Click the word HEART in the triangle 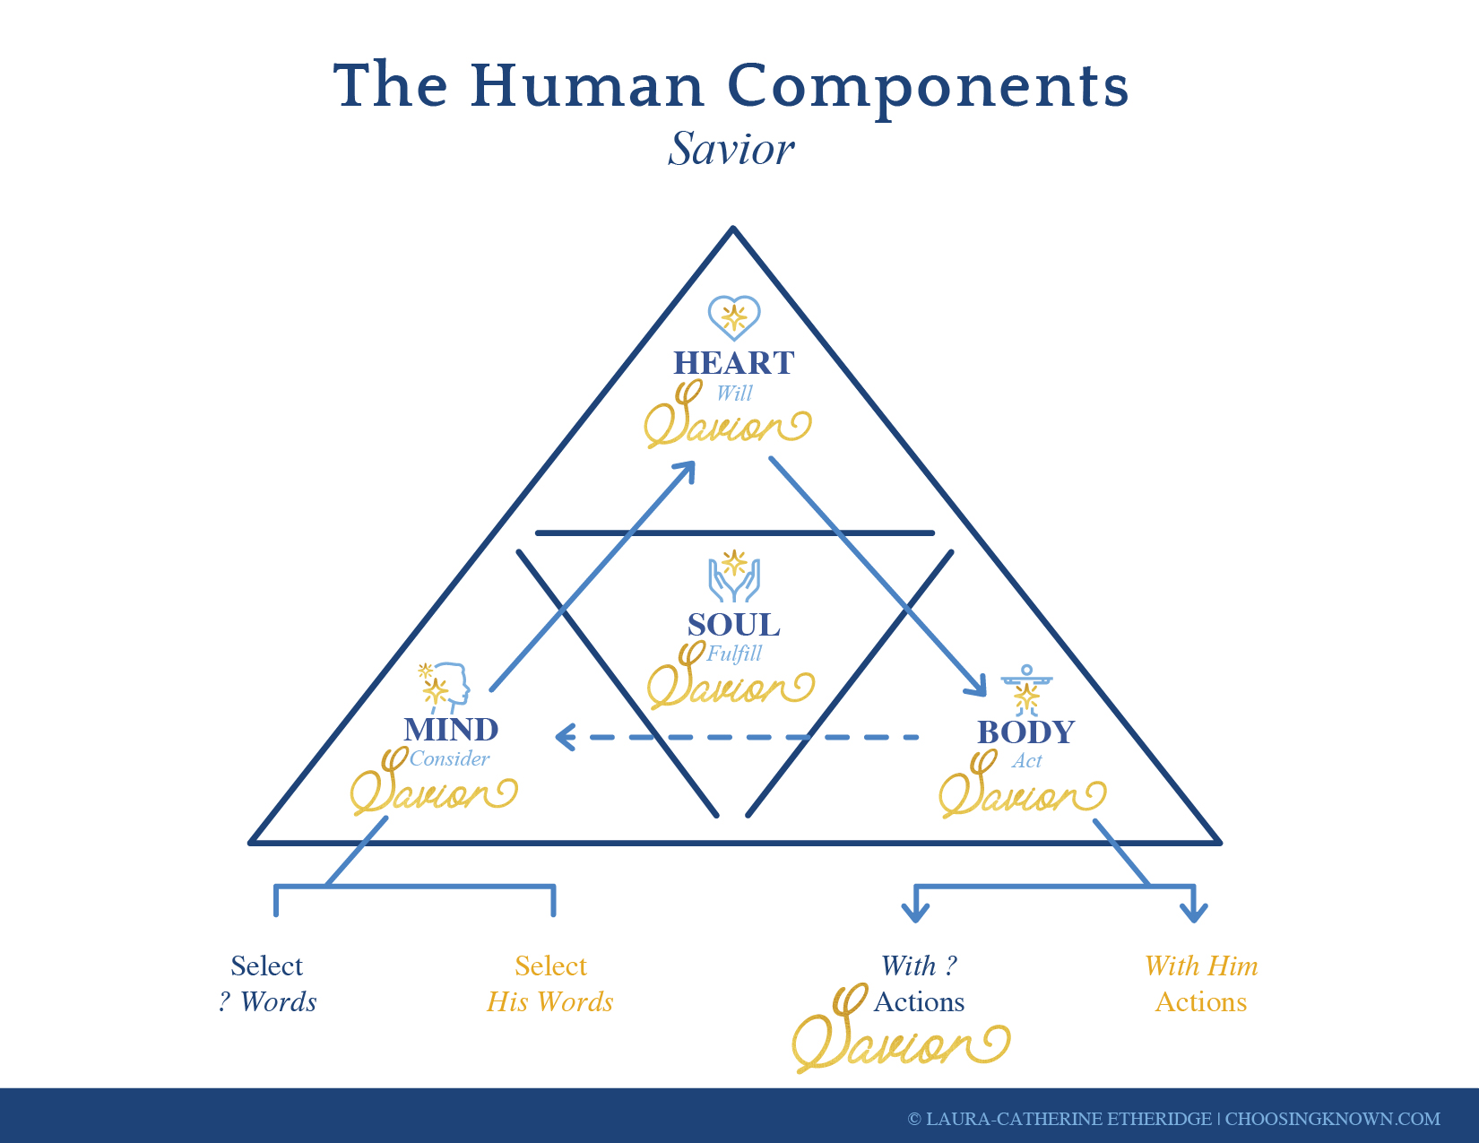734,363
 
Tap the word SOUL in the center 734,625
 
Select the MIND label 451,730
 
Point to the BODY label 1025,732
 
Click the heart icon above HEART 734,317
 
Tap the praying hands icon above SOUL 734,576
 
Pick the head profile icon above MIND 445,688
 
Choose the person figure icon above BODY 1026,690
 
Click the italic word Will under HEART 734,393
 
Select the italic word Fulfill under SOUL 734,654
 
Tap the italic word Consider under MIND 449,758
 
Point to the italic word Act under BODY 1026,760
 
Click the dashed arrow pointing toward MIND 737,737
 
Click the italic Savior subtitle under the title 731,149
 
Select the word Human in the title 587,85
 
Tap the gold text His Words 550,1002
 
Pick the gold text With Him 1201,966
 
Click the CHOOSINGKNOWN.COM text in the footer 1333,1119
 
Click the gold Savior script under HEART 728,415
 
